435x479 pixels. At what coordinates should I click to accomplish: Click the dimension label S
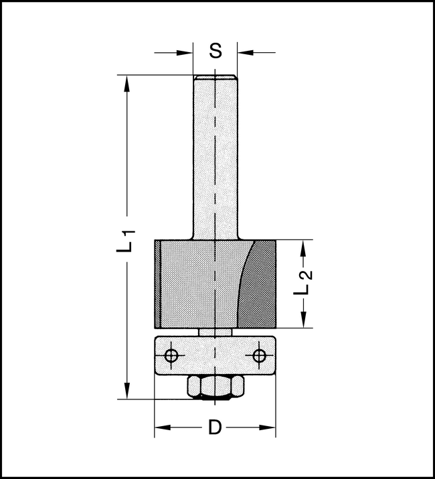[215, 51]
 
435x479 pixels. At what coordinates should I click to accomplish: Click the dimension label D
[214, 427]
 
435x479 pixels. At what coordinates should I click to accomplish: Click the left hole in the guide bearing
[171, 355]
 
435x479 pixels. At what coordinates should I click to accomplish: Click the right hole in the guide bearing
[258, 355]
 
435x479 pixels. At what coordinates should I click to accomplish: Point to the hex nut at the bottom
[214, 387]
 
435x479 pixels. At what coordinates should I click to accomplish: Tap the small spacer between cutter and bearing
[215, 332]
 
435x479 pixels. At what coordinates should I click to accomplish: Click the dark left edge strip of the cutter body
[159, 284]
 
